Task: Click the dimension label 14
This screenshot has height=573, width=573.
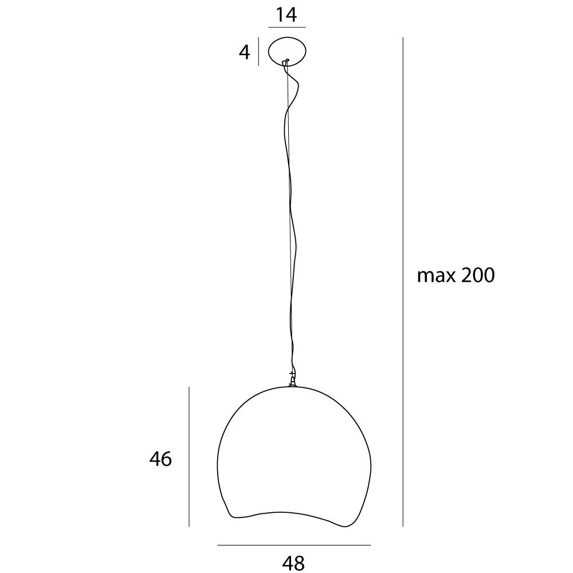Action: (286, 15)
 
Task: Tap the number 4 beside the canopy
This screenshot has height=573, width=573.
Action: (245, 52)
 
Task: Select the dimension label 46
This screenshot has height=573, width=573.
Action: (160, 458)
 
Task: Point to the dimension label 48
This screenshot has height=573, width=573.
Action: (293, 563)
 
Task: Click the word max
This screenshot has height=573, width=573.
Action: (436, 276)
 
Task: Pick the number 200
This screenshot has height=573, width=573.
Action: (478, 275)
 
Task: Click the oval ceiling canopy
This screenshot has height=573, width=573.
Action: (288, 37)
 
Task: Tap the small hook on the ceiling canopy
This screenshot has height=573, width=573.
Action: (286, 61)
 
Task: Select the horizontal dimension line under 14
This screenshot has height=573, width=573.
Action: (287, 28)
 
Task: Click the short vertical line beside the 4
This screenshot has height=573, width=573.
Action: (259, 52)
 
